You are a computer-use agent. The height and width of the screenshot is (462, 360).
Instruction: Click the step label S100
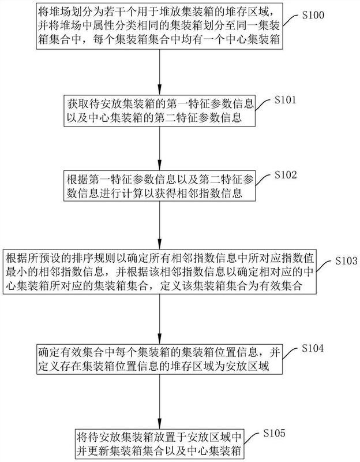click(313, 16)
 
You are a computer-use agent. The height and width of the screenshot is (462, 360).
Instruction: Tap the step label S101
click(285, 100)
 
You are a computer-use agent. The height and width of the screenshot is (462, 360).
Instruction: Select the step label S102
click(286, 175)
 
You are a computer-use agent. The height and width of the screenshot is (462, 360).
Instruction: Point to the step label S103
click(347, 260)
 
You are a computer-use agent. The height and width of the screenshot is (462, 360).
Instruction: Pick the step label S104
click(313, 348)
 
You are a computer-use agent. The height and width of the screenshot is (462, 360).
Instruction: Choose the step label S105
click(274, 433)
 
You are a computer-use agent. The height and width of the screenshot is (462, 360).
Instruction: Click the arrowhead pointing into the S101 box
click(160, 89)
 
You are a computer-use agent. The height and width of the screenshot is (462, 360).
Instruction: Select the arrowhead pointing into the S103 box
click(160, 244)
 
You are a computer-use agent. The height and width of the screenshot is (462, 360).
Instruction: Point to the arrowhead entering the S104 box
click(160, 338)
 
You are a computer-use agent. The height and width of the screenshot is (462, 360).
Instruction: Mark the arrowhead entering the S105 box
click(160, 423)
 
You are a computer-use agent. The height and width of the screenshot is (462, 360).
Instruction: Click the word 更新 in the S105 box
click(99, 450)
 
